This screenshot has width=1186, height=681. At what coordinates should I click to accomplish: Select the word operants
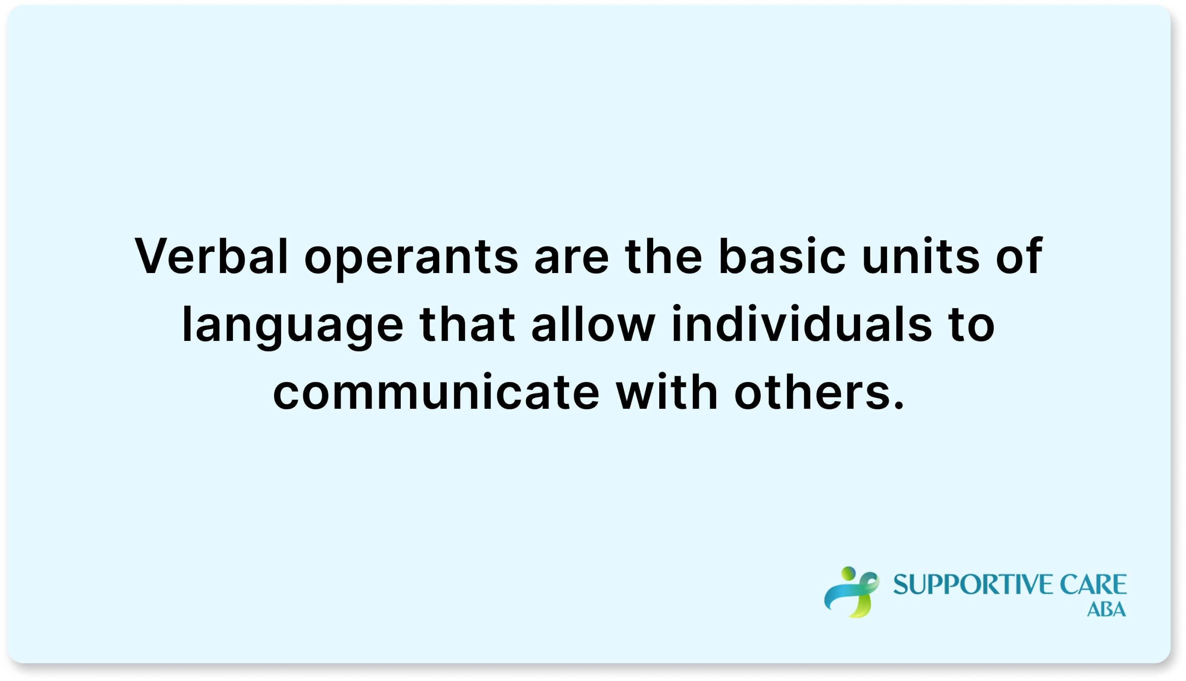click(411, 258)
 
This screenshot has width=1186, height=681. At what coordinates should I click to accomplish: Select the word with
click(667, 393)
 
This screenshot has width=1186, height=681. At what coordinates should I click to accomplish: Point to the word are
click(572, 258)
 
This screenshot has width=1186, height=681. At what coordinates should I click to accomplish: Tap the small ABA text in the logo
click(1106, 610)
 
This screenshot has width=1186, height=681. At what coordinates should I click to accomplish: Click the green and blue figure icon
click(852, 592)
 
